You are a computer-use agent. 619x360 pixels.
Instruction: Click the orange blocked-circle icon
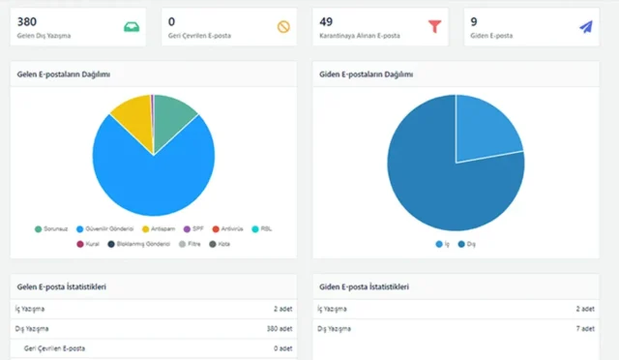pos(283,27)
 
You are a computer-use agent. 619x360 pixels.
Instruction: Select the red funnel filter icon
pos(434,27)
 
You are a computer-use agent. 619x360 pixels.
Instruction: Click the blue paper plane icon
pos(585,27)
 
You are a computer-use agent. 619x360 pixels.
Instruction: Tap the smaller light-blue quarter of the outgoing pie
pos(486,131)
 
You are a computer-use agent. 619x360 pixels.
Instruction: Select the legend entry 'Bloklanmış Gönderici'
pos(132,244)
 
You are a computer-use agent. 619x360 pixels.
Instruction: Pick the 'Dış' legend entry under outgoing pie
pos(468,244)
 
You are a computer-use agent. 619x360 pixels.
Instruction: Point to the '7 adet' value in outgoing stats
pos(583,329)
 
